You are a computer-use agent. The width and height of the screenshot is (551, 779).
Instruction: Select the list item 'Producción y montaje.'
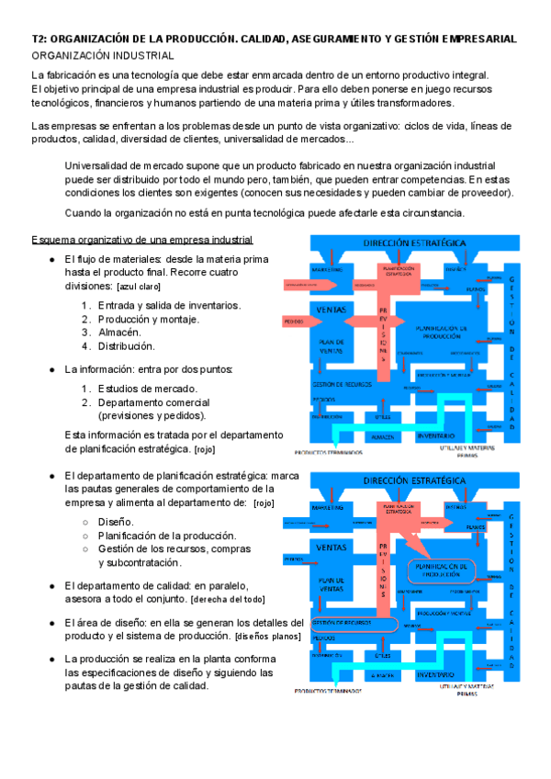pos(148,319)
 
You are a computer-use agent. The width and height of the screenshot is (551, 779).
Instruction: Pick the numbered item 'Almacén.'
pos(119,333)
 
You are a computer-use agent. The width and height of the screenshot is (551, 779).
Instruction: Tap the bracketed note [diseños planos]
pos(268,636)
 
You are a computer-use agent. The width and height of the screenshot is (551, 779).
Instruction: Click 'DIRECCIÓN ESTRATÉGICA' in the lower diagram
pos(413,480)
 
